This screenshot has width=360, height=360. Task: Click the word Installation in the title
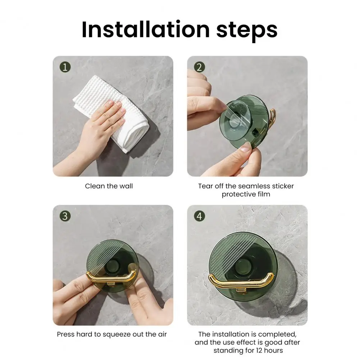click(146, 29)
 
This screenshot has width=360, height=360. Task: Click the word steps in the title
click(247, 31)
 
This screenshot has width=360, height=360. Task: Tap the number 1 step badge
click(65, 67)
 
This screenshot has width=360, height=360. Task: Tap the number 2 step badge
click(199, 67)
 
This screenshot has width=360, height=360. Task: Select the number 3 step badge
click(65, 216)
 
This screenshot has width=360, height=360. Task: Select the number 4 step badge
click(199, 216)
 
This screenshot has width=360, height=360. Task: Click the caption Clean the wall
click(109, 186)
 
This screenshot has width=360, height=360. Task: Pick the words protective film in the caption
click(246, 194)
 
